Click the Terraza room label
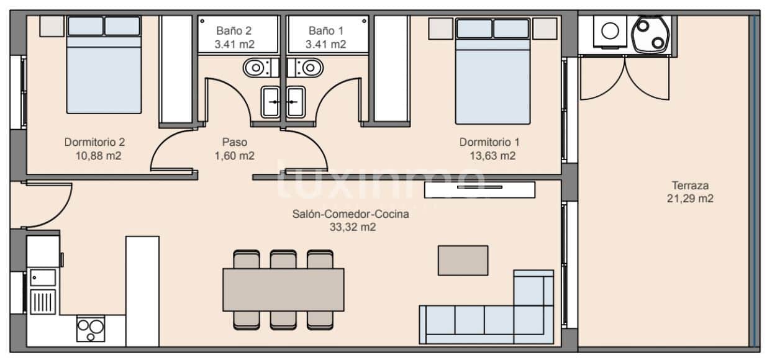[x=690, y=185]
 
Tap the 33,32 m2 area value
[x=352, y=227]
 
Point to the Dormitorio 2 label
[x=94, y=142]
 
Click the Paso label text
[x=234, y=142]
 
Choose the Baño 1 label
[x=325, y=30]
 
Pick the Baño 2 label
[x=234, y=30]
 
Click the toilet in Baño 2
[x=256, y=66]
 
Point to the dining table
[x=283, y=289]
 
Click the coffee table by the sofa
[x=463, y=260]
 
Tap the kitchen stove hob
[x=91, y=329]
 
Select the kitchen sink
[x=42, y=277]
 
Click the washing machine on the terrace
[x=610, y=31]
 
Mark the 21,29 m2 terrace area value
[x=690, y=199]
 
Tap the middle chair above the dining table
[x=283, y=259]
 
